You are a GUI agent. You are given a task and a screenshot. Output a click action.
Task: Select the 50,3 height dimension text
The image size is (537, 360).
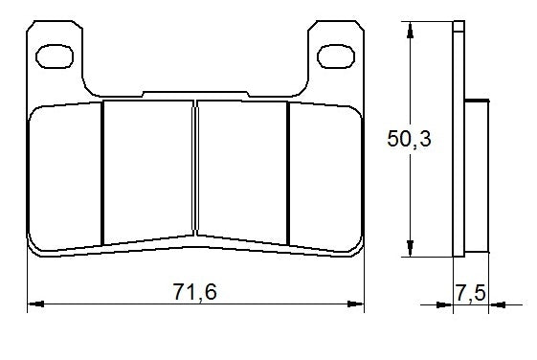(x=409, y=140)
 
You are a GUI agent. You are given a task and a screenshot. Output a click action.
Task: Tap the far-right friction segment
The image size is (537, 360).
(x=324, y=177)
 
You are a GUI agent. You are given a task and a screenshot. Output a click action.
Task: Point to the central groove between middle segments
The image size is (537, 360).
(x=194, y=169)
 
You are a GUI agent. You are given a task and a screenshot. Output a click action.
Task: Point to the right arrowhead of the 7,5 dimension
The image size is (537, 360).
(x=496, y=306)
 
